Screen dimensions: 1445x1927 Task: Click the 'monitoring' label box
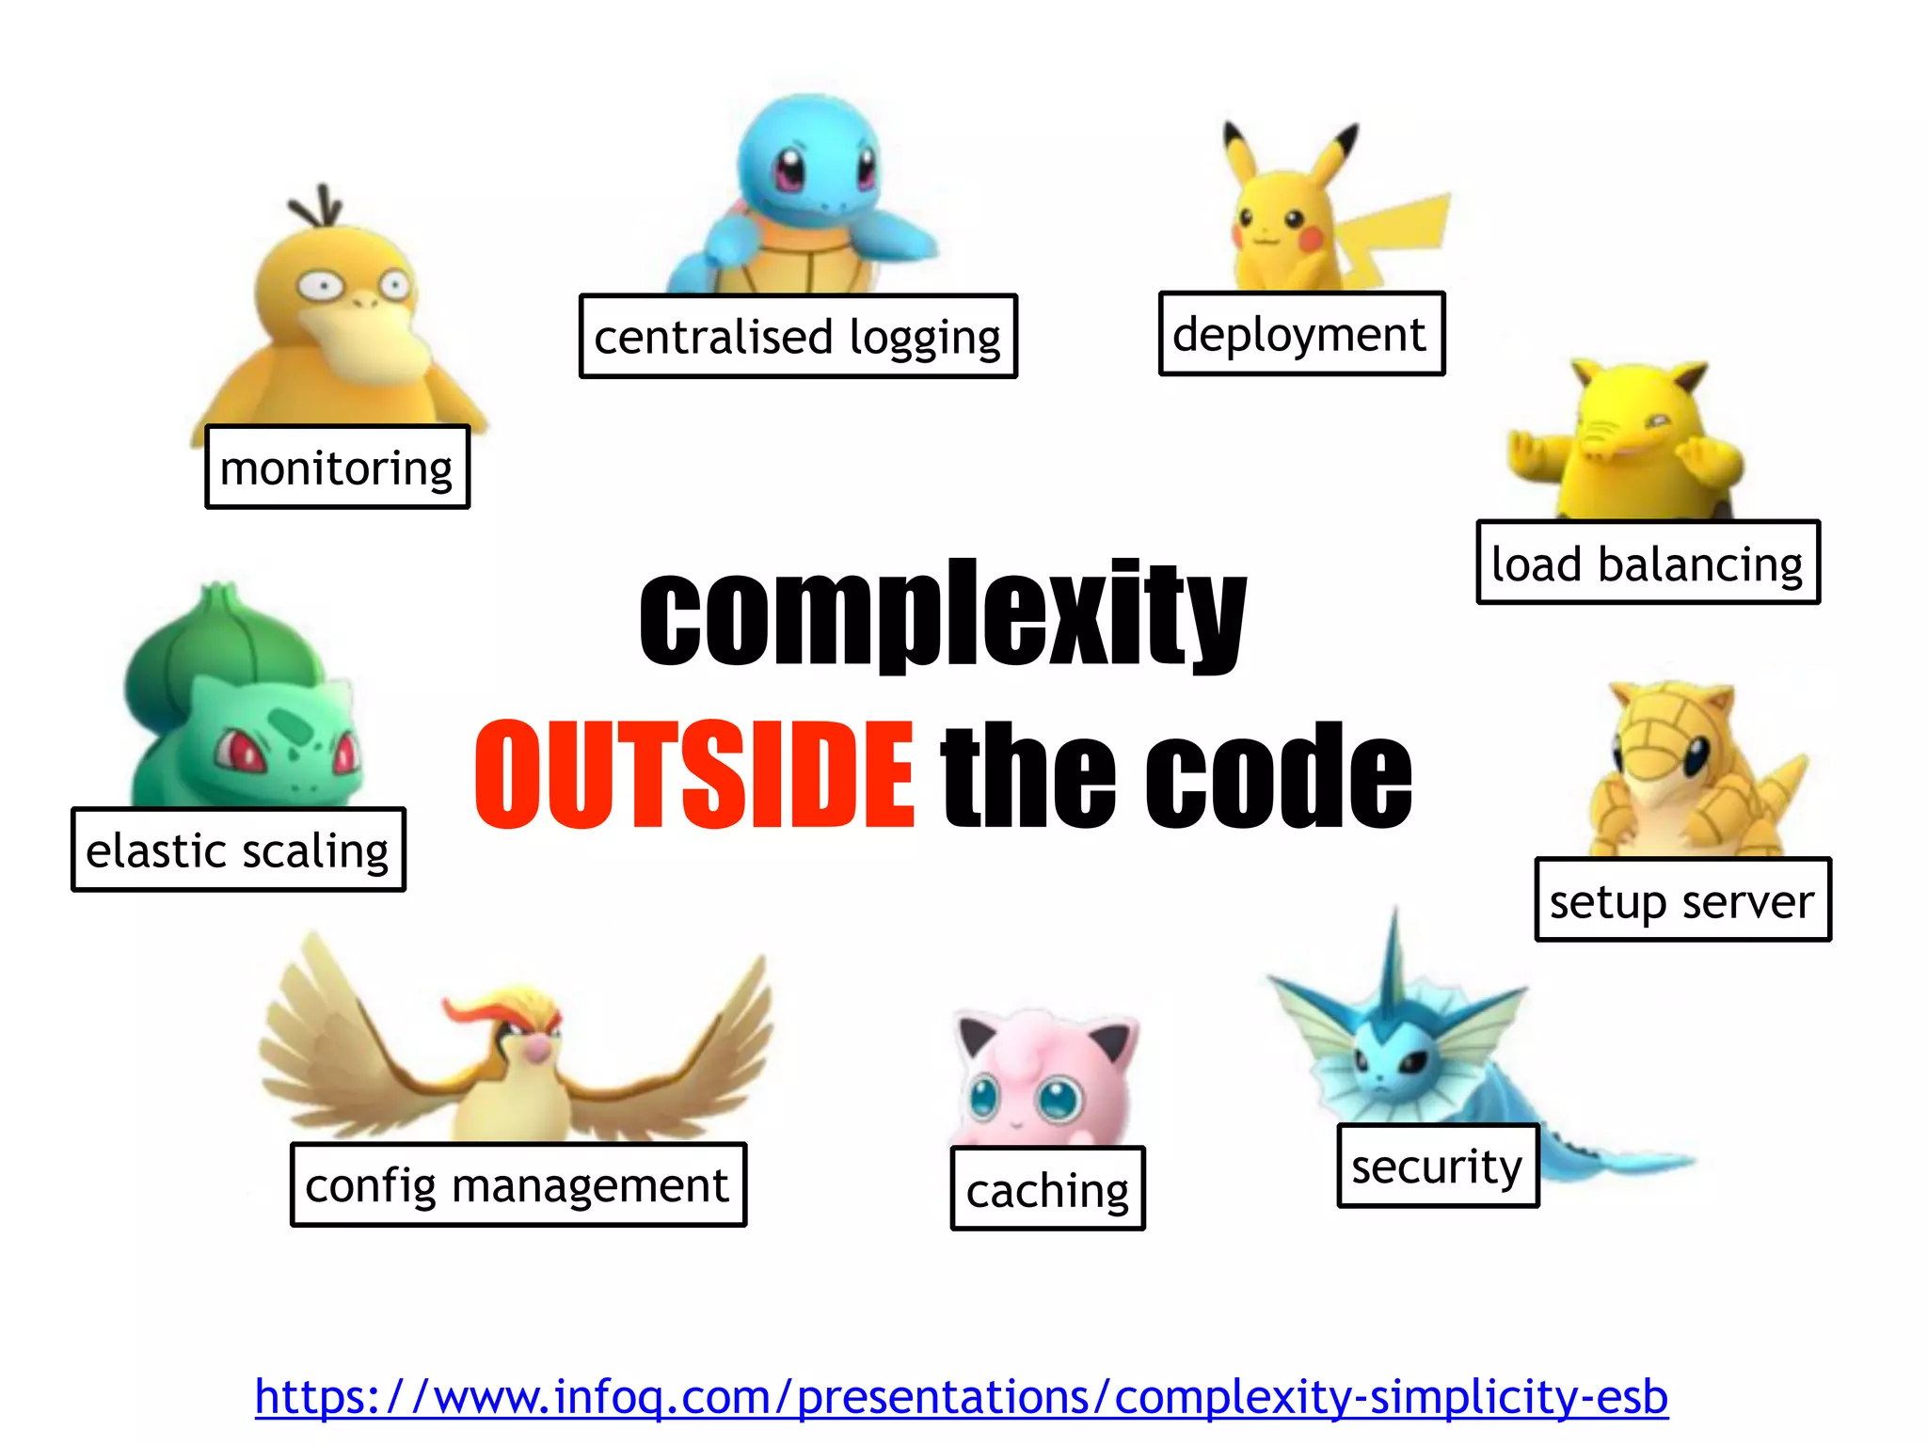point(337,468)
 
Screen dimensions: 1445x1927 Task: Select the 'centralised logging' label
point(798,337)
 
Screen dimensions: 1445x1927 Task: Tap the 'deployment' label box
point(1301,334)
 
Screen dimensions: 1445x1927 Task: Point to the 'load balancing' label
point(1648,563)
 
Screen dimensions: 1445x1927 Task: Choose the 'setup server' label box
point(1682,900)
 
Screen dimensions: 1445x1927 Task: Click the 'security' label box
point(1438,1166)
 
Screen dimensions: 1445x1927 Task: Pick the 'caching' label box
point(1047,1189)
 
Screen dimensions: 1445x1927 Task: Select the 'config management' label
point(518,1185)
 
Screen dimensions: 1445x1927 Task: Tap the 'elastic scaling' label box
point(238,850)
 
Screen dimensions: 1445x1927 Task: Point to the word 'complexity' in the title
point(943,614)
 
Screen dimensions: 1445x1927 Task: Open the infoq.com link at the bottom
point(961,1396)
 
